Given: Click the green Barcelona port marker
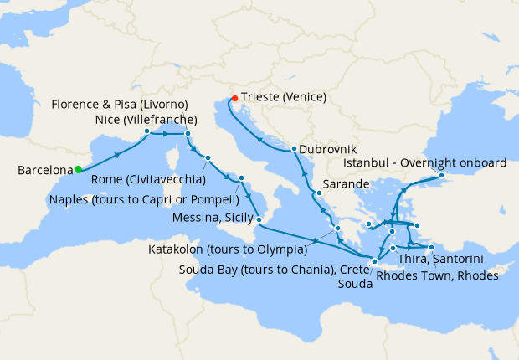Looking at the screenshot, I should point(78,170).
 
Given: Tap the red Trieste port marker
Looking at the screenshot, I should point(234,98).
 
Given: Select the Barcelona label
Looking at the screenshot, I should point(44,171).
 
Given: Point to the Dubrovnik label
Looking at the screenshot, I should point(327,149).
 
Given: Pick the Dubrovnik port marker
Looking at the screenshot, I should point(294,150).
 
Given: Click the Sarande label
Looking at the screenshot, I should point(345,187).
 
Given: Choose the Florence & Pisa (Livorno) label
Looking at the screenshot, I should point(119,105).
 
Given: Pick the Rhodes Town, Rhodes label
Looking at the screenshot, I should point(437,275).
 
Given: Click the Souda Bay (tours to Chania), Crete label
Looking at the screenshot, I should point(275,269).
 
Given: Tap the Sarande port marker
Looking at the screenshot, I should point(318,193).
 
